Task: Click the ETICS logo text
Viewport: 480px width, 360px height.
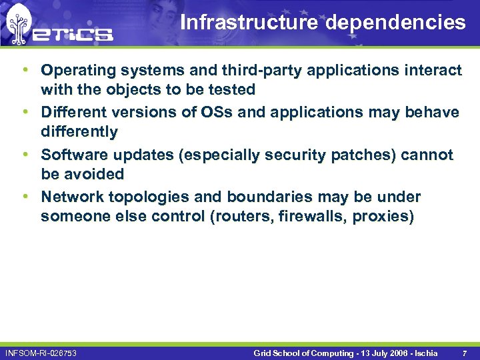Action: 75,34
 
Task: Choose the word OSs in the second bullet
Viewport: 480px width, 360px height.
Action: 217,112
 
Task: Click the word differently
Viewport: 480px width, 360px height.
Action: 79,131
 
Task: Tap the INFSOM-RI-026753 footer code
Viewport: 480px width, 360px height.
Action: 41,352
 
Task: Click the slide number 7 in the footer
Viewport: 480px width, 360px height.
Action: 464,352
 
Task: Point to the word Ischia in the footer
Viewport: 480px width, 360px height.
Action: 423,352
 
